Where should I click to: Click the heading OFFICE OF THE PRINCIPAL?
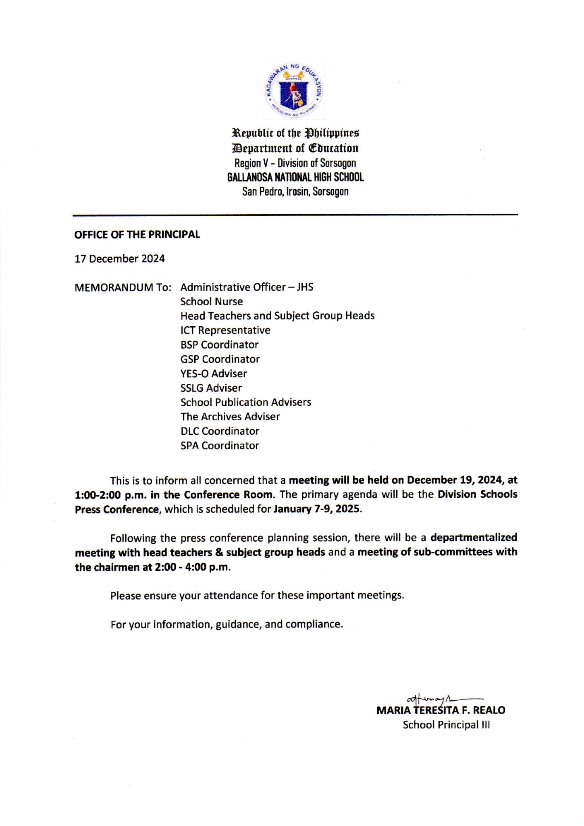pos(137,235)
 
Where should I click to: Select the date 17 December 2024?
pos(120,259)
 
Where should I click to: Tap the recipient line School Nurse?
pos(212,302)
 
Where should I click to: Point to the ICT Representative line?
pos(225,330)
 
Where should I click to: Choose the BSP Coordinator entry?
pos(219,345)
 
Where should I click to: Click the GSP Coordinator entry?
pos(220,359)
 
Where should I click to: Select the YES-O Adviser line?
pos(214,373)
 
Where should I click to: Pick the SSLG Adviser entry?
pos(211,388)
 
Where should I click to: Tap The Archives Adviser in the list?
pos(230,417)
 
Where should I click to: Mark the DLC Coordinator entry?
pos(220,431)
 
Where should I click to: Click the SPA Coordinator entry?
pos(220,446)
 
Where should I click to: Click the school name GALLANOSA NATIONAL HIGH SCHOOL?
pos(295,177)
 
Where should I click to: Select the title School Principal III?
pos(446,725)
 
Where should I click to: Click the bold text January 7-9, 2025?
pos(317,509)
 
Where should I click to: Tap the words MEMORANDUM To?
pos(123,288)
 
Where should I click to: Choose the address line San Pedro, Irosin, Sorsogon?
pos(295,192)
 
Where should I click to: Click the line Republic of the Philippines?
pos(295,133)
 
